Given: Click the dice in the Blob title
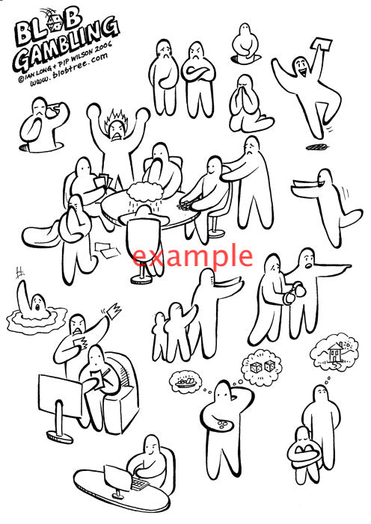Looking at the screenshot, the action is [x=55, y=23].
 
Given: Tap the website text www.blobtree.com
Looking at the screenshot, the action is [x=69, y=70].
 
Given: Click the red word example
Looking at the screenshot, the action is [x=192, y=256].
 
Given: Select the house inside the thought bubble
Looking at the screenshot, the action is [x=336, y=353].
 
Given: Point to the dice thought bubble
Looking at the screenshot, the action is [x=261, y=366].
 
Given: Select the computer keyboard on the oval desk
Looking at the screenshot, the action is [x=140, y=484].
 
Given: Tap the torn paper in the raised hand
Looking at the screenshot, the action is [x=114, y=310].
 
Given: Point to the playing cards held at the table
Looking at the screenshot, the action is [x=103, y=182].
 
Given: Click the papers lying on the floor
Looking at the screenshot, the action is [x=107, y=250].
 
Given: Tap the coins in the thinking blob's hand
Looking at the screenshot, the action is [x=222, y=425].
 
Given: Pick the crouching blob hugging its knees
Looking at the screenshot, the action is [x=304, y=454].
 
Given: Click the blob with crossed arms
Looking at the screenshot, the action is [x=199, y=79].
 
